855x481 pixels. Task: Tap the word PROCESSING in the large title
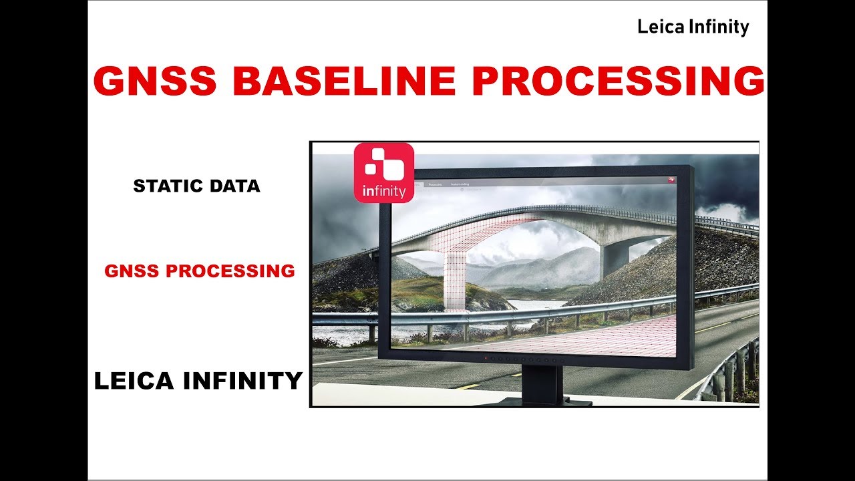(619, 82)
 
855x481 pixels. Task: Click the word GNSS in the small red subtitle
(132, 271)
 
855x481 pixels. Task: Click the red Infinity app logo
(383, 172)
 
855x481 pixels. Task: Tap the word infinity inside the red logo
(383, 192)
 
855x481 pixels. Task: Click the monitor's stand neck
(542, 383)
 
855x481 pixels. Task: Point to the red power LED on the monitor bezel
(486, 359)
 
